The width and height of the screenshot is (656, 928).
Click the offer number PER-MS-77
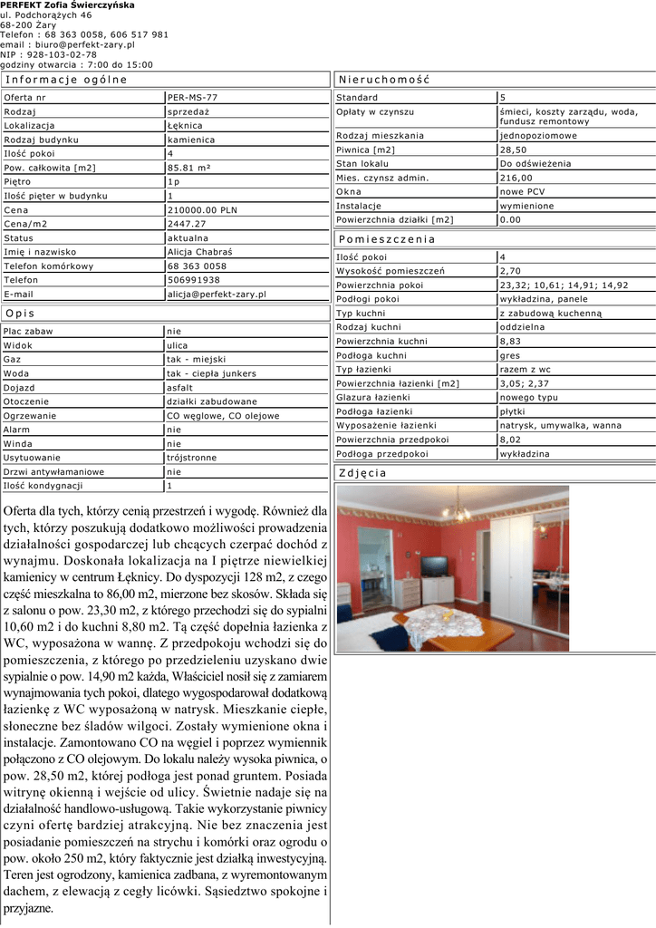click(192, 97)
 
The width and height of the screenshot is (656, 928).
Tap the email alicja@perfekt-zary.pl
click(217, 295)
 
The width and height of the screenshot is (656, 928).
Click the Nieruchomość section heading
click(384, 80)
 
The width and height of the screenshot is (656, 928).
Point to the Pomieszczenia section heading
click(387, 239)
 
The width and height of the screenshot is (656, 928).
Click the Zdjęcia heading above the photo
click(363, 473)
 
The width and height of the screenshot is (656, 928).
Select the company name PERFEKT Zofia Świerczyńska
click(67, 5)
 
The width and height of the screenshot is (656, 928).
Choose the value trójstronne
click(192, 458)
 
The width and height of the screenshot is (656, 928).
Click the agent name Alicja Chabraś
click(200, 252)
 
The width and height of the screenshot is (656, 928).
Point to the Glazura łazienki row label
click(373, 397)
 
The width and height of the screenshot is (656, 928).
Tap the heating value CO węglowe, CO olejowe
click(223, 416)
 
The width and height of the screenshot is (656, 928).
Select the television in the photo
click(434, 566)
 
